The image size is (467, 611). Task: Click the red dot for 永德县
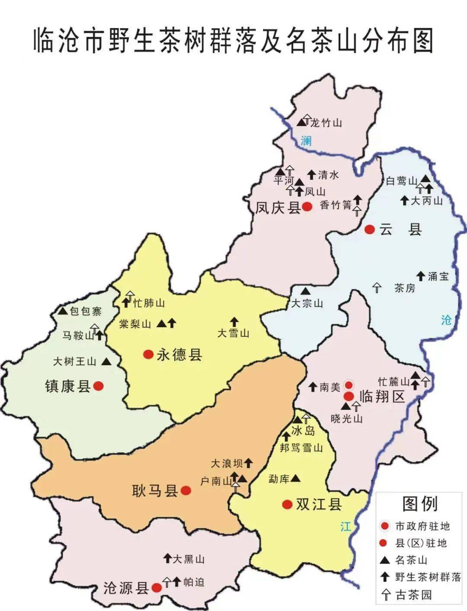(x=148, y=354)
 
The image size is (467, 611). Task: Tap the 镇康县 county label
(x=67, y=386)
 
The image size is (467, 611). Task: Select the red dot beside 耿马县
(x=186, y=490)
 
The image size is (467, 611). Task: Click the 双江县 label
(x=318, y=504)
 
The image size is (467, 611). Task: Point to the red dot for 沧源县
(x=157, y=587)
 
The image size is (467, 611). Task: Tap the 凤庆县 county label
(x=278, y=208)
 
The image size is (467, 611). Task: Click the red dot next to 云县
(x=369, y=230)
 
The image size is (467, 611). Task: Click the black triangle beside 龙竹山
(x=301, y=122)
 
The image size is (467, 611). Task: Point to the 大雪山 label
(x=233, y=333)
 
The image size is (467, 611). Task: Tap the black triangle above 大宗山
(x=306, y=290)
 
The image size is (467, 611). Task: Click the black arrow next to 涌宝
(x=420, y=275)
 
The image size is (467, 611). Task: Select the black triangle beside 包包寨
(x=62, y=311)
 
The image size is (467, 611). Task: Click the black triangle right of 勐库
(x=296, y=478)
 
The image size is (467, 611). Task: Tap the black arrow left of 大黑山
(x=167, y=558)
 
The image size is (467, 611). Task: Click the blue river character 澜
(x=306, y=141)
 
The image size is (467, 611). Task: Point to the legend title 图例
(x=420, y=504)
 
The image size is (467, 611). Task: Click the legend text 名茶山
(x=411, y=560)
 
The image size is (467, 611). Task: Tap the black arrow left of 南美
(x=313, y=387)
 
